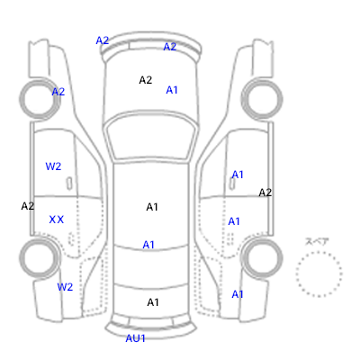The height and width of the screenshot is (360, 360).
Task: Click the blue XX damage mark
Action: pos(57,220)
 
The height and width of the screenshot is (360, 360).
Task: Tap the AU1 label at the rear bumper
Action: pos(135,338)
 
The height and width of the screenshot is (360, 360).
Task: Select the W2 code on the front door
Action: pos(53,166)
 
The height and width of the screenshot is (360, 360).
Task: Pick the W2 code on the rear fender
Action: pos(65,287)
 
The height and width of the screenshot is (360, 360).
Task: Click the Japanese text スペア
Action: pos(317,241)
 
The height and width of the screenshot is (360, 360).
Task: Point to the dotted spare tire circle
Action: pos(296,274)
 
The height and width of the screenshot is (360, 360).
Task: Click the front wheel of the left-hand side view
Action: pos(21,99)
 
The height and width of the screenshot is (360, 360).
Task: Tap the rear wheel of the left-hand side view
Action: pos(21,258)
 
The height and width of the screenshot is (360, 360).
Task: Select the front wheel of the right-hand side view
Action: pos(282,99)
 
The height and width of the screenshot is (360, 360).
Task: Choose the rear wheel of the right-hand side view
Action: pos(282,258)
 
